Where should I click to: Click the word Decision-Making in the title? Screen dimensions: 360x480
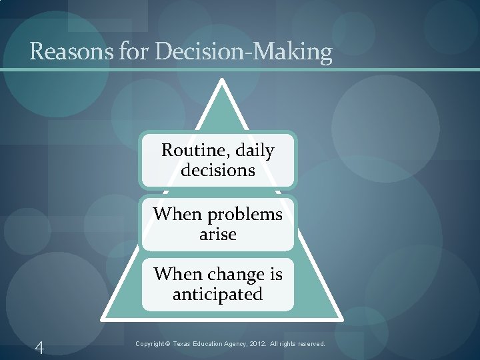coord(243,52)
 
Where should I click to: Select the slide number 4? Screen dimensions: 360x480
coord(39,347)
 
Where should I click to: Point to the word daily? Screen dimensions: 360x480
coord(252,151)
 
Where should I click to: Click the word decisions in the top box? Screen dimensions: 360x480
coord(218,171)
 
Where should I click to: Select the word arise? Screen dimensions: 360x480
coord(218,235)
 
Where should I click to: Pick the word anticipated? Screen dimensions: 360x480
coord(218,294)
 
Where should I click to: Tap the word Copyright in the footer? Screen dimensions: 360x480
coord(151,344)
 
